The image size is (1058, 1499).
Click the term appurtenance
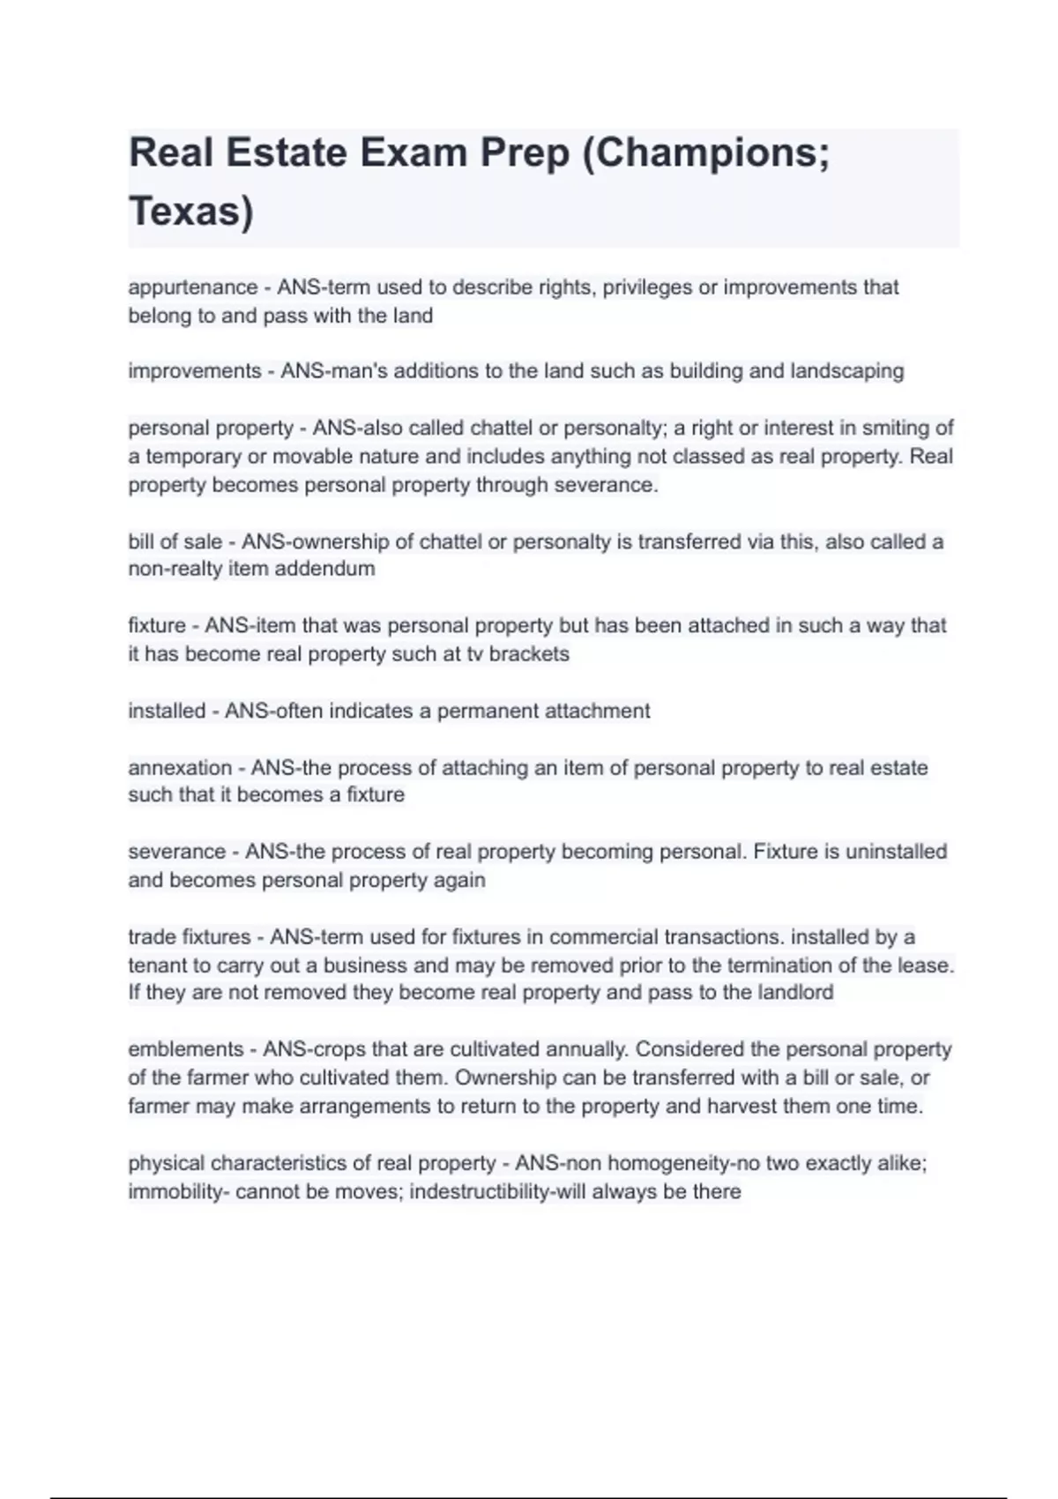coord(192,287)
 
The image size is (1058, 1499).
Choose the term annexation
coord(180,768)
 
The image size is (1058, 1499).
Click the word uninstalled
coord(896,852)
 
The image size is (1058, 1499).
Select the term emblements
coord(185,1049)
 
